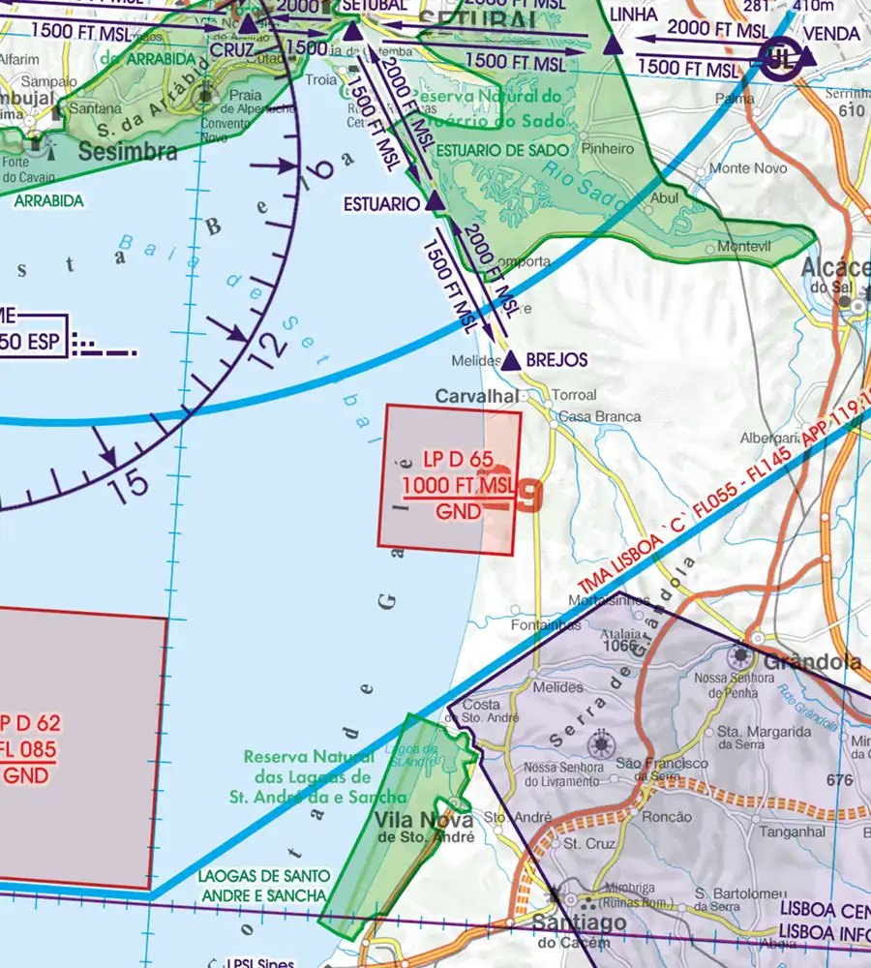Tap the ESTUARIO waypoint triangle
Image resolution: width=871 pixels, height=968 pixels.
click(x=435, y=202)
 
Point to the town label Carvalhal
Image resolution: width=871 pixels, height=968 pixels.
click(x=476, y=396)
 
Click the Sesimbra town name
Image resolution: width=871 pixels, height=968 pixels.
click(x=128, y=152)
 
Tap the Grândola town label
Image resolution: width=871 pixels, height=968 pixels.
click(x=812, y=663)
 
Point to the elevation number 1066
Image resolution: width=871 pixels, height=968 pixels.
click(x=619, y=646)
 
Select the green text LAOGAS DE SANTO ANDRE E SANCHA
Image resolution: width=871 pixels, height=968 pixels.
click(x=262, y=886)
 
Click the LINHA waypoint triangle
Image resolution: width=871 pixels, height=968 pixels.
click(x=612, y=45)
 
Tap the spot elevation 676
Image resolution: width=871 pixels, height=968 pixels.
click(x=839, y=780)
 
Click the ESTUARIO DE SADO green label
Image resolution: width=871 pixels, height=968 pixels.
click(x=496, y=150)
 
